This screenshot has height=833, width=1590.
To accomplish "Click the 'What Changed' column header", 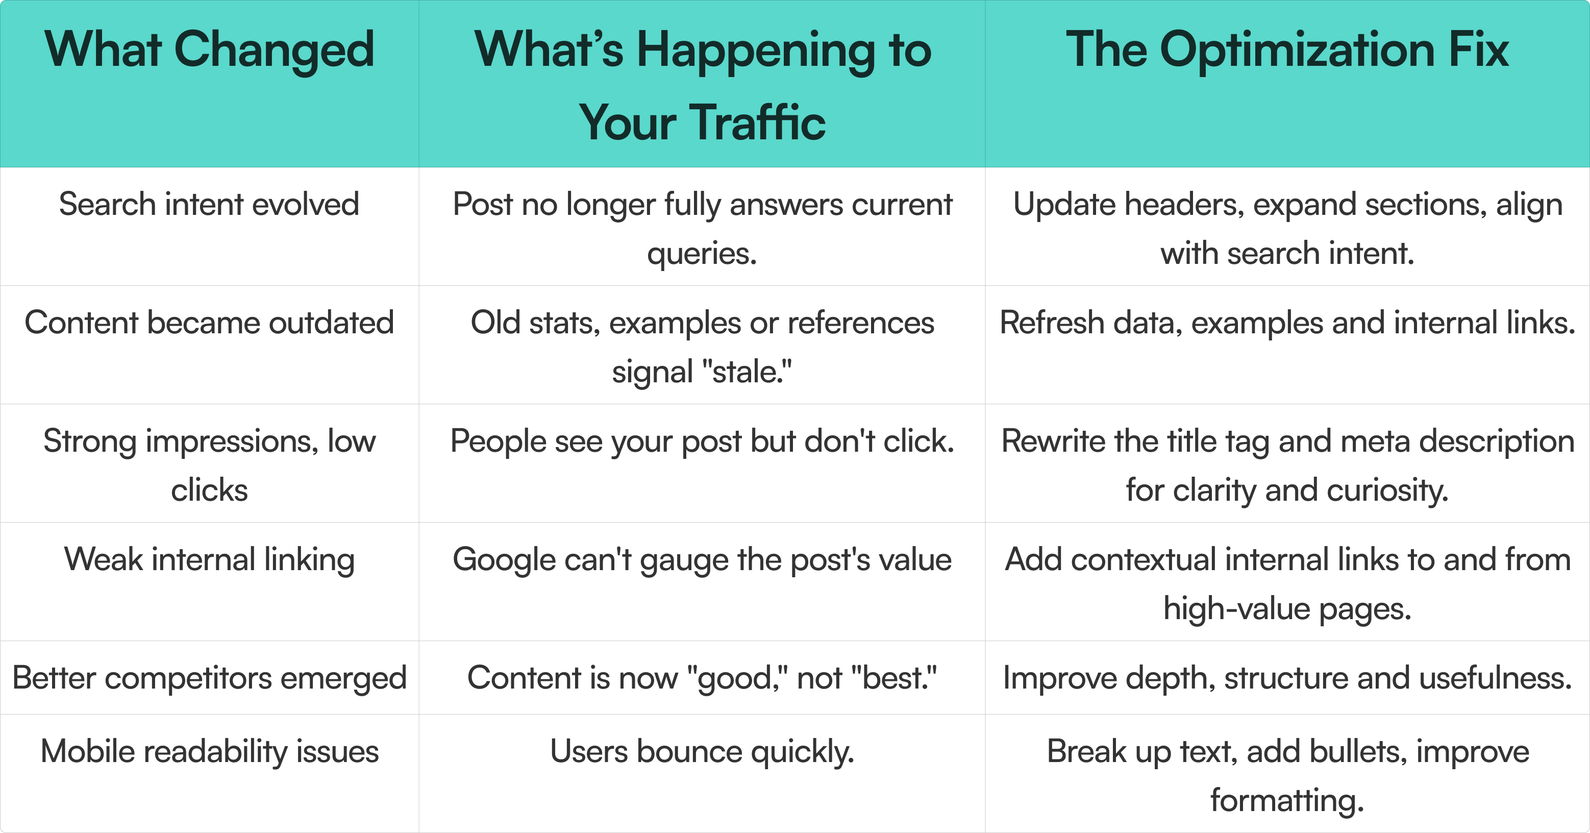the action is (x=209, y=50).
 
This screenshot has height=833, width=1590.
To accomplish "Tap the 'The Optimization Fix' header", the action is (x=1287, y=50).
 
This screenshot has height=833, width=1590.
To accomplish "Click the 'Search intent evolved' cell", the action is (x=209, y=204).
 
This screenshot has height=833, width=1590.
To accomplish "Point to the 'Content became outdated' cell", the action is (x=209, y=323).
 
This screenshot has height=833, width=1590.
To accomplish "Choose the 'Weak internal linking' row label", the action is (x=209, y=560).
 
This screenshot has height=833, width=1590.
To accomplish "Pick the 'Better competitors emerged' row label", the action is (x=209, y=678).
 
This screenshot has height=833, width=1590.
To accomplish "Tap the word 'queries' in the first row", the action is (x=702, y=254).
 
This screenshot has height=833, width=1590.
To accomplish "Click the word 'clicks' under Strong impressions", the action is (x=209, y=491).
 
